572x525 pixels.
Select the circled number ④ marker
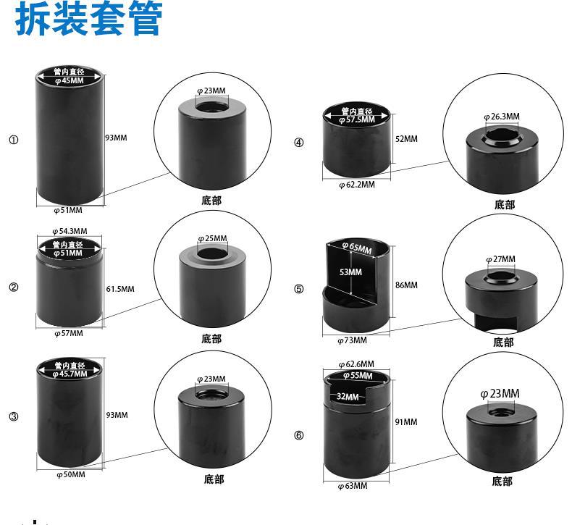pos(299,142)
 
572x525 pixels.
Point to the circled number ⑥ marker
pos(299,435)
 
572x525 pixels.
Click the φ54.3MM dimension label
pos(70,231)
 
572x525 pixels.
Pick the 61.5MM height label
pos(120,289)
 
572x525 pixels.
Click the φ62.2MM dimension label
pos(357,185)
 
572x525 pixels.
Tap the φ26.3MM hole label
pos(502,117)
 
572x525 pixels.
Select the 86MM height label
pos(406,285)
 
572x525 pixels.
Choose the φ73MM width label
pos(353,340)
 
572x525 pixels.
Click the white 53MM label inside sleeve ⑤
pos(350,272)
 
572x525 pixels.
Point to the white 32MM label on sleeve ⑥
pos(348,396)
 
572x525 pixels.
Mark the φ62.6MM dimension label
pos(356,364)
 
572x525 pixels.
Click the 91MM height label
pos(406,421)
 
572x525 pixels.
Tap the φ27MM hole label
pos(500,259)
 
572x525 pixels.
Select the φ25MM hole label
pos(212,238)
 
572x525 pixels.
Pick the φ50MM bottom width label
pos(71,474)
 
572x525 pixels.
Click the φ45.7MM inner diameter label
pos(70,374)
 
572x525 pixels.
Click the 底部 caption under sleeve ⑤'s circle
pos(503,343)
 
